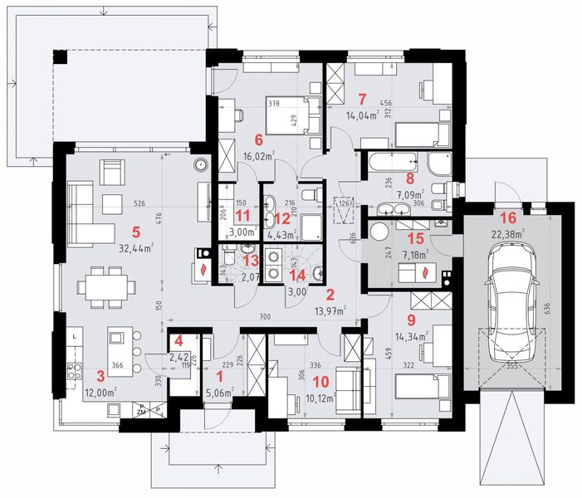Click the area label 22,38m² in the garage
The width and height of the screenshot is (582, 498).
(508, 234)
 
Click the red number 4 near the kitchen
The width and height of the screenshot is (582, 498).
(178, 342)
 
